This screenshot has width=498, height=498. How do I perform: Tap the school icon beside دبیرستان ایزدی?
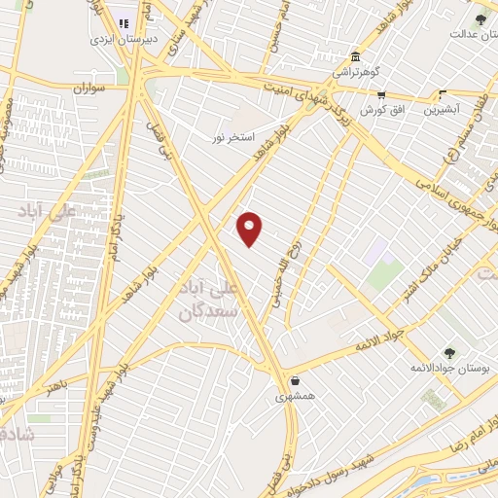pos(124,24)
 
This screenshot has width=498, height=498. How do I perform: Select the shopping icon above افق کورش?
pos(381,95)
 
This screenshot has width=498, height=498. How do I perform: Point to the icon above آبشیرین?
pos(442,95)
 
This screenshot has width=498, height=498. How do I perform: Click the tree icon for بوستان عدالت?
pos(480,18)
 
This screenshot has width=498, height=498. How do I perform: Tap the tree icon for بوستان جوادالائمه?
pos(448,352)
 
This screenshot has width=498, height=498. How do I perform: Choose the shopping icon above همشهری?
pos(294,380)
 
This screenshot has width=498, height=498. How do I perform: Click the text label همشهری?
pos(295,397)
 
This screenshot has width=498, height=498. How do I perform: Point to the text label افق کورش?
pos(381,111)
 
